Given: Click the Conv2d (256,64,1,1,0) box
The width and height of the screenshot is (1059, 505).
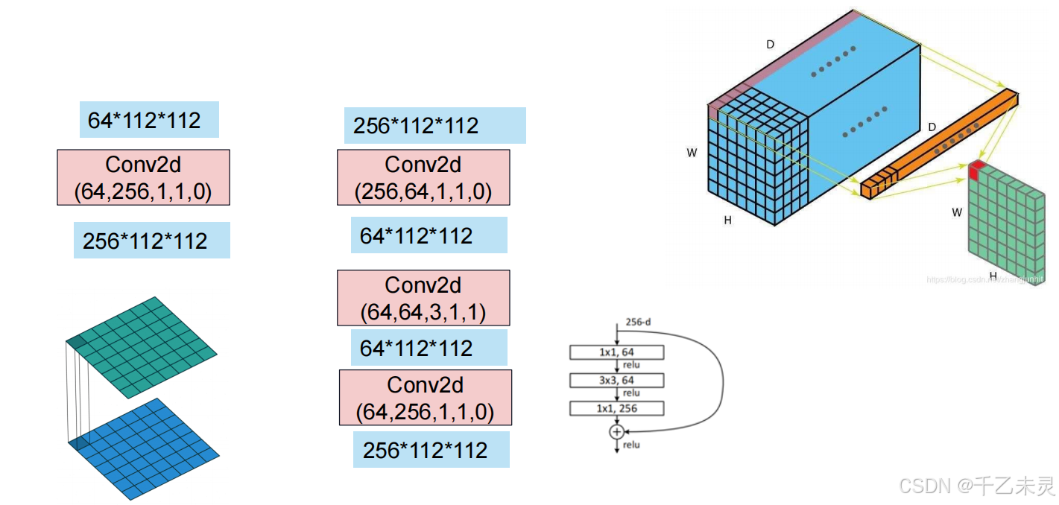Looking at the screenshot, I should [x=423, y=177].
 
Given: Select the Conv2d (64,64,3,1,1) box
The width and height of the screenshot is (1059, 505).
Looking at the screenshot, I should [x=423, y=298].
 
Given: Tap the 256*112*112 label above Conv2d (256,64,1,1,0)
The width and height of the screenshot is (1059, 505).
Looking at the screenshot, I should [x=434, y=125].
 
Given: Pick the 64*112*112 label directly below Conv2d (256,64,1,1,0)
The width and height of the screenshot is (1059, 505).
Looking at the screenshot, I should [x=429, y=235].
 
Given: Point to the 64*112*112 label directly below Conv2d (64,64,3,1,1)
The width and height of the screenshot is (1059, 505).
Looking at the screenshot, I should [x=429, y=348].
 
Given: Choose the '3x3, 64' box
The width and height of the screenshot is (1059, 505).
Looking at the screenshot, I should [x=616, y=381].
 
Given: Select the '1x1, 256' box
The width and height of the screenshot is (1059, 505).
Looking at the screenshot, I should [x=616, y=408].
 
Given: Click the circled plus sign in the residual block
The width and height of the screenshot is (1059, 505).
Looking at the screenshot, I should [x=616, y=432].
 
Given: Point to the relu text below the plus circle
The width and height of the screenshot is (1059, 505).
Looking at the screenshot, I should [x=631, y=445].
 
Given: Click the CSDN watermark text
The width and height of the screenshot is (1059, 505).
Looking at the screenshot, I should [x=977, y=486].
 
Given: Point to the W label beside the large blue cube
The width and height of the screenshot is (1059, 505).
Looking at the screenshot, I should [x=692, y=153].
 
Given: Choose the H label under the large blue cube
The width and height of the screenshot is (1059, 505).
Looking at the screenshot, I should [x=727, y=220].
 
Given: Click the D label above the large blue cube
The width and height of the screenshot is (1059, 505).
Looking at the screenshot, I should [x=771, y=45].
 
